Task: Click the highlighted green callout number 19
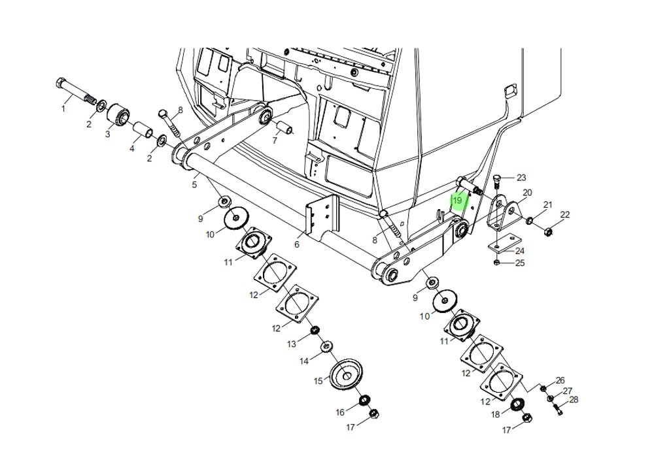(458, 200)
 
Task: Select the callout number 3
(108, 134)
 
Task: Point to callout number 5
(194, 185)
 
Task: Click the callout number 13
(292, 344)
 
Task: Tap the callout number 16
(340, 412)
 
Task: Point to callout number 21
(548, 205)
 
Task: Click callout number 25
(520, 263)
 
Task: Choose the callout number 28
(574, 400)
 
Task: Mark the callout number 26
(560, 380)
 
